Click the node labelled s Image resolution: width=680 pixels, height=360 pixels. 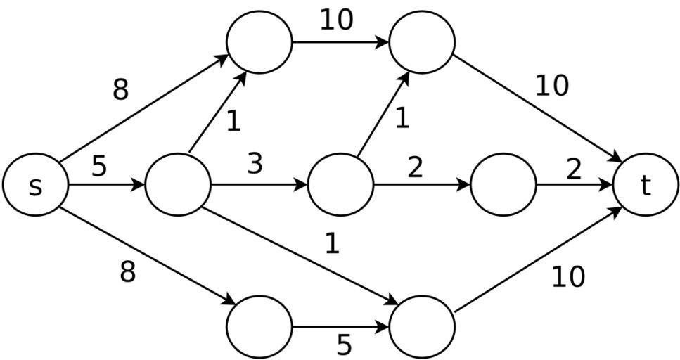tap(35, 185)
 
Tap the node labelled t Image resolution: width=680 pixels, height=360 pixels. tap(646, 185)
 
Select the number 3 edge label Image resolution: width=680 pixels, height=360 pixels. tap(255, 164)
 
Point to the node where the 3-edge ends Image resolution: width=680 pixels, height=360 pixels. tap(340, 185)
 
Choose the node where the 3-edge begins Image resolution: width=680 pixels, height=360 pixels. tap(177, 185)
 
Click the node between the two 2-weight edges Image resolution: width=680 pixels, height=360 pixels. tap(503, 185)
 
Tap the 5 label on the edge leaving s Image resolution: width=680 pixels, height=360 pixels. tap(99, 167)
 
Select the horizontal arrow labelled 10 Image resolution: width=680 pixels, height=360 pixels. tap(340, 42)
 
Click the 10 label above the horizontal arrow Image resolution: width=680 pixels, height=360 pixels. tap(336, 20)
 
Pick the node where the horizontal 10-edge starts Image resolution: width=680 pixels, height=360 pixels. tap(259, 42)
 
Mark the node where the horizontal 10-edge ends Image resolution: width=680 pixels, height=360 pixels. tap(421, 42)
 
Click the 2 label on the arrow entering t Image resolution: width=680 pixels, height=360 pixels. tap(574, 169)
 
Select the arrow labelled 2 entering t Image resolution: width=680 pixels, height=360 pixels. tap(574, 185)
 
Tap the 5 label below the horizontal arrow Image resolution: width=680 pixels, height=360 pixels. tap(344, 345)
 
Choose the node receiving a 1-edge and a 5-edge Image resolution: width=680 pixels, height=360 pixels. tap(421, 327)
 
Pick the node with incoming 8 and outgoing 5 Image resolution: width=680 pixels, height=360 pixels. tap(259, 327)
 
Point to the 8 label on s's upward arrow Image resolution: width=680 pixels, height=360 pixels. tap(121, 90)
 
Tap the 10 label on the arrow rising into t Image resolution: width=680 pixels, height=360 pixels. tap(568, 278)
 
